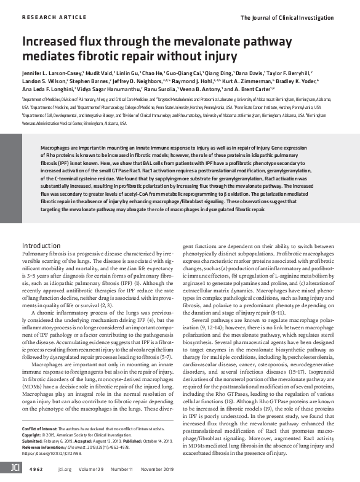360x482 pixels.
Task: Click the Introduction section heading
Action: [47, 228]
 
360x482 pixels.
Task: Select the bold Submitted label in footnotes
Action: [35, 440]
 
